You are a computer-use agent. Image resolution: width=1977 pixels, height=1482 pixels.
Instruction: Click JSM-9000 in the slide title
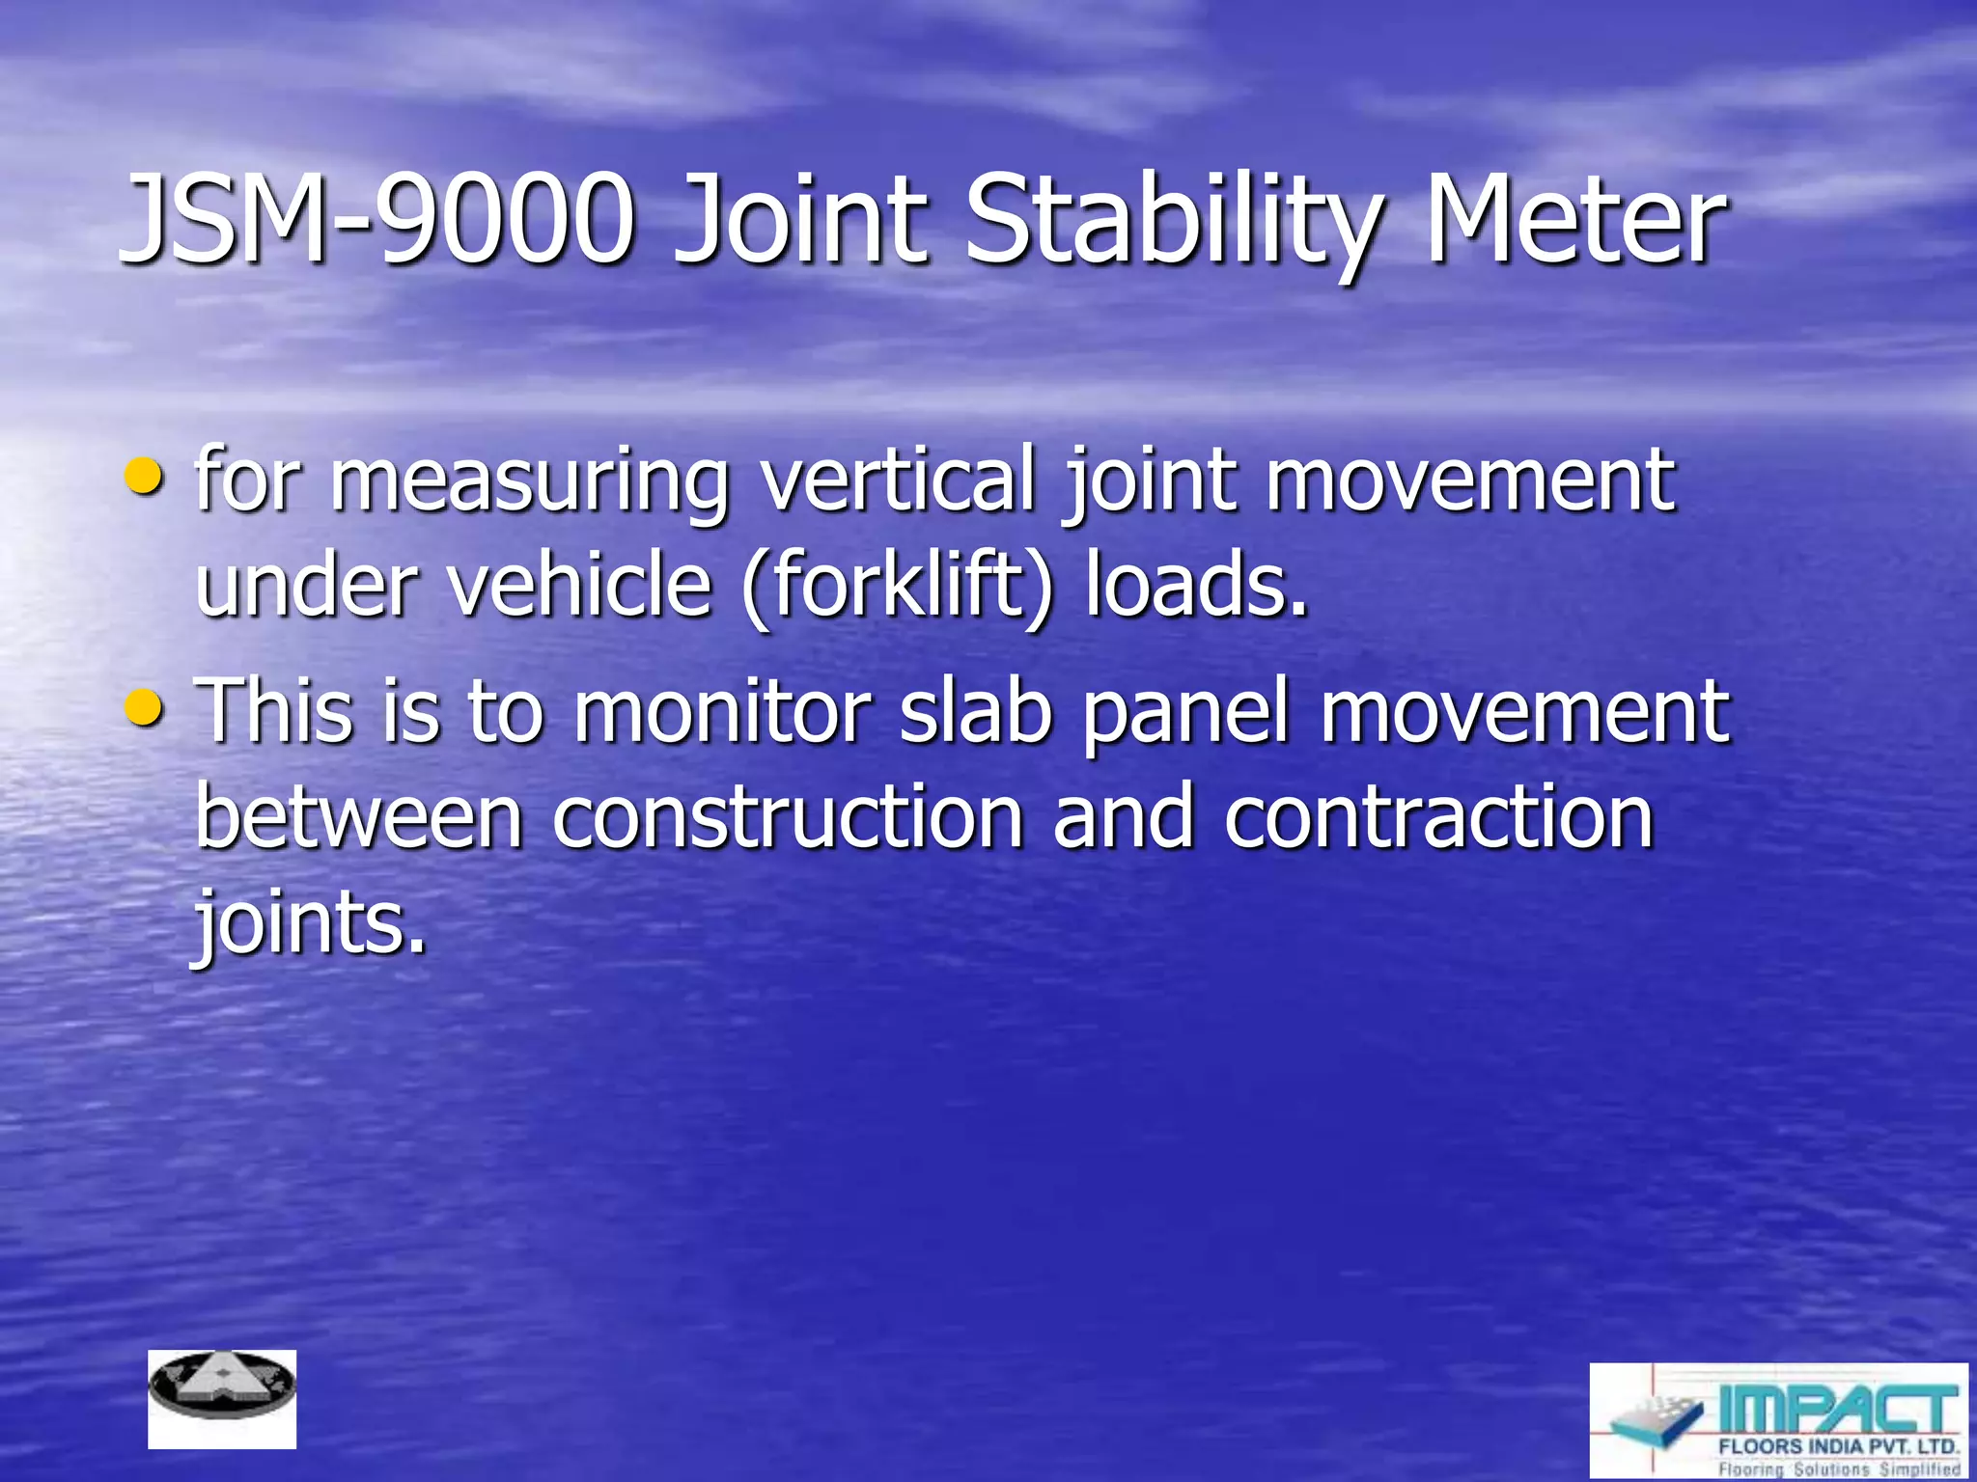tap(376, 220)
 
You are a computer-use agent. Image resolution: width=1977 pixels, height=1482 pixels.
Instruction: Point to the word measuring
tap(530, 482)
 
